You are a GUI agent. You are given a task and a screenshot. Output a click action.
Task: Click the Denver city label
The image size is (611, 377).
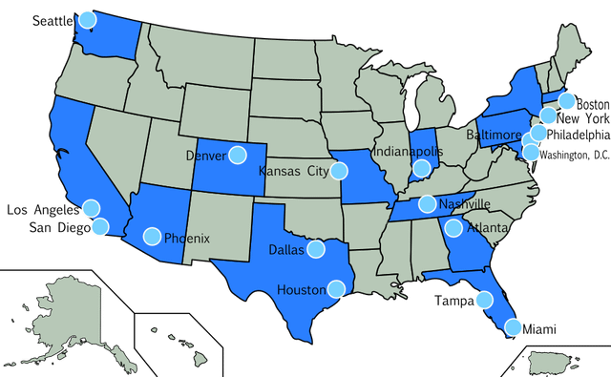pyautogui.click(x=204, y=156)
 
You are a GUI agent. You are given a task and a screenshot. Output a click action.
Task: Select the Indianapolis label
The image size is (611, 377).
pyautogui.click(x=408, y=151)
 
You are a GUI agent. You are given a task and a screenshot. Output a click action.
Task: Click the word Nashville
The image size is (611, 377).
pyautogui.click(x=465, y=204)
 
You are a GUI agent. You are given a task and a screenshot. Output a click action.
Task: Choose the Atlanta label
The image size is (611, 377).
pyautogui.click(x=487, y=228)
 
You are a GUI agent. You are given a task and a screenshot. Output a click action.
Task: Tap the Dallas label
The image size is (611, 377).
pyautogui.click(x=286, y=250)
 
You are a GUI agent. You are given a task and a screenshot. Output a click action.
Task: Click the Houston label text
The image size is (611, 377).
pyautogui.click(x=301, y=288)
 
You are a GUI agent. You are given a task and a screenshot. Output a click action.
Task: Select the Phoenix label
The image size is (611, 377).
pyautogui.click(x=187, y=238)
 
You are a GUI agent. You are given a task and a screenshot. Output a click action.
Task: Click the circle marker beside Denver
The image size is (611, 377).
pyautogui.click(x=236, y=153)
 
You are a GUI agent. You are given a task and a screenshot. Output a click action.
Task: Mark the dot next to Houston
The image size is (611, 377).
pyautogui.click(x=336, y=287)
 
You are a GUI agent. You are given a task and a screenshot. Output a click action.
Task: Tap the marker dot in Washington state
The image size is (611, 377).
pyautogui.click(x=88, y=18)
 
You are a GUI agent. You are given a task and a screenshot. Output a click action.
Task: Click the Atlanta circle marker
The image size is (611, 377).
pyautogui.click(x=453, y=228)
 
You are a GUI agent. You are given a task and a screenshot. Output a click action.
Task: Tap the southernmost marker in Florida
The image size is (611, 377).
pyautogui.click(x=514, y=326)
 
